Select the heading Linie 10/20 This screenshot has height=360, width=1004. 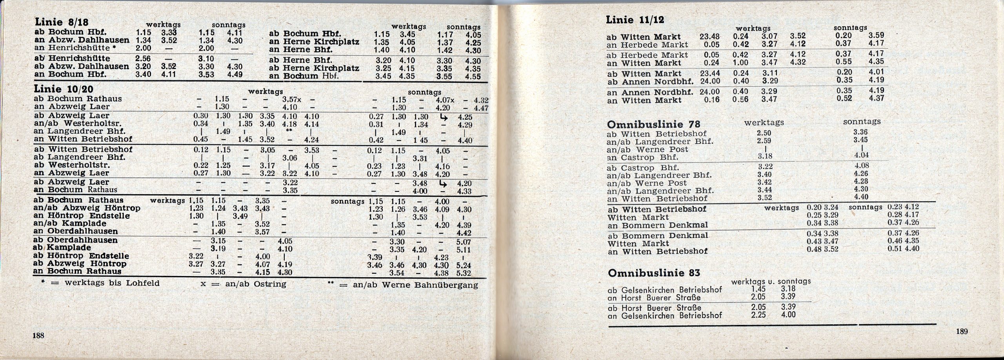coord(64,89)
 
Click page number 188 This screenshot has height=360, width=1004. coord(38,335)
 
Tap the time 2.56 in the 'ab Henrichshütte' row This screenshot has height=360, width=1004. coord(143,59)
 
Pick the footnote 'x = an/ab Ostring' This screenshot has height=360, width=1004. coord(243,284)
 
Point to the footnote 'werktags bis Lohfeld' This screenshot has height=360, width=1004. coord(101,283)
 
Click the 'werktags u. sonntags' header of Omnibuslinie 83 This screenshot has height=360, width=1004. coord(771,281)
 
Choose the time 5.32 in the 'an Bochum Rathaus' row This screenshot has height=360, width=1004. coord(464,273)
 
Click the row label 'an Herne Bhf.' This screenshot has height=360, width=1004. coord(301,50)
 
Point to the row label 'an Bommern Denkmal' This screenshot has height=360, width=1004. coord(658,225)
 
